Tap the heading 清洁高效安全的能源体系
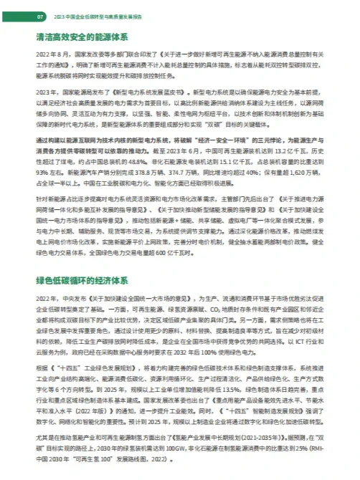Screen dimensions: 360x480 pos(80,36)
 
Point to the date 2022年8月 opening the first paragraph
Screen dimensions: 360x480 pos(52,54)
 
